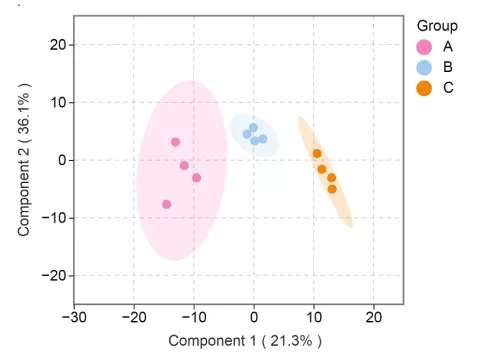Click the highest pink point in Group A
pyautogui.click(x=175, y=142)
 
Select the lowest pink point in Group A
pyautogui.click(x=166, y=204)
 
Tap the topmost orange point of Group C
pyautogui.click(x=317, y=153)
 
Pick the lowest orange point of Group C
pyautogui.click(x=332, y=188)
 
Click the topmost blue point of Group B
pyautogui.click(x=253, y=127)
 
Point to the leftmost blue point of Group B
pyautogui.click(x=247, y=134)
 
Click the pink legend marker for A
pyautogui.click(x=424, y=47)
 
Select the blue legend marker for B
pyautogui.click(x=424, y=67)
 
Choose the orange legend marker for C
pyautogui.click(x=424, y=88)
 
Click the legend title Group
pyautogui.click(x=437, y=26)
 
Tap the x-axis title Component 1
pyautogui.click(x=245, y=341)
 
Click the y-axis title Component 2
pyautogui.click(x=24, y=160)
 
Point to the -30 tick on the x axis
pyautogui.click(x=73, y=317)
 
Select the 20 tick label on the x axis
pyautogui.click(x=374, y=317)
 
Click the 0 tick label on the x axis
pyautogui.click(x=254, y=317)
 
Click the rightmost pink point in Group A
pyautogui.click(x=196, y=177)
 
